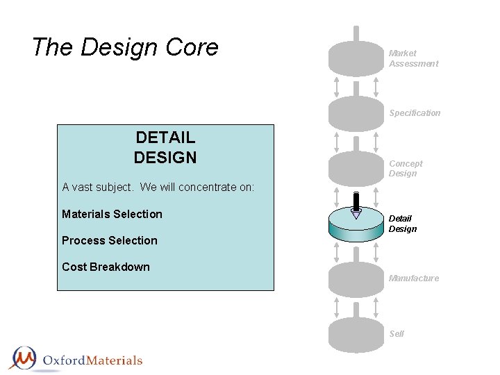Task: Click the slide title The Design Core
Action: click(125, 48)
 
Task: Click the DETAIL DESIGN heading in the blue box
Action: click(165, 148)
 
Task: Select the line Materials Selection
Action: click(112, 214)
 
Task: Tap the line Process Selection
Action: click(110, 240)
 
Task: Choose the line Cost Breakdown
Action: click(106, 267)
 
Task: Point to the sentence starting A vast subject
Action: click(158, 187)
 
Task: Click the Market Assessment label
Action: click(413, 58)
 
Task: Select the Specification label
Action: click(415, 113)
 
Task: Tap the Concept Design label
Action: click(406, 169)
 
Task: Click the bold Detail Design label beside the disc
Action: click(403, 224)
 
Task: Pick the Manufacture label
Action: click(414, 278)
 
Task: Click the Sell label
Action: click(397, 334)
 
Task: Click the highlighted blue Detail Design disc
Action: click(356, 226)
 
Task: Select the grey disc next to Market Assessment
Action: click(356, 59)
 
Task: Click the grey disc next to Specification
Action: click(356, 113)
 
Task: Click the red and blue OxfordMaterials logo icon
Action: click(24, 358)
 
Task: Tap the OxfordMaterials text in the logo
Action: click(92, 360)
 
